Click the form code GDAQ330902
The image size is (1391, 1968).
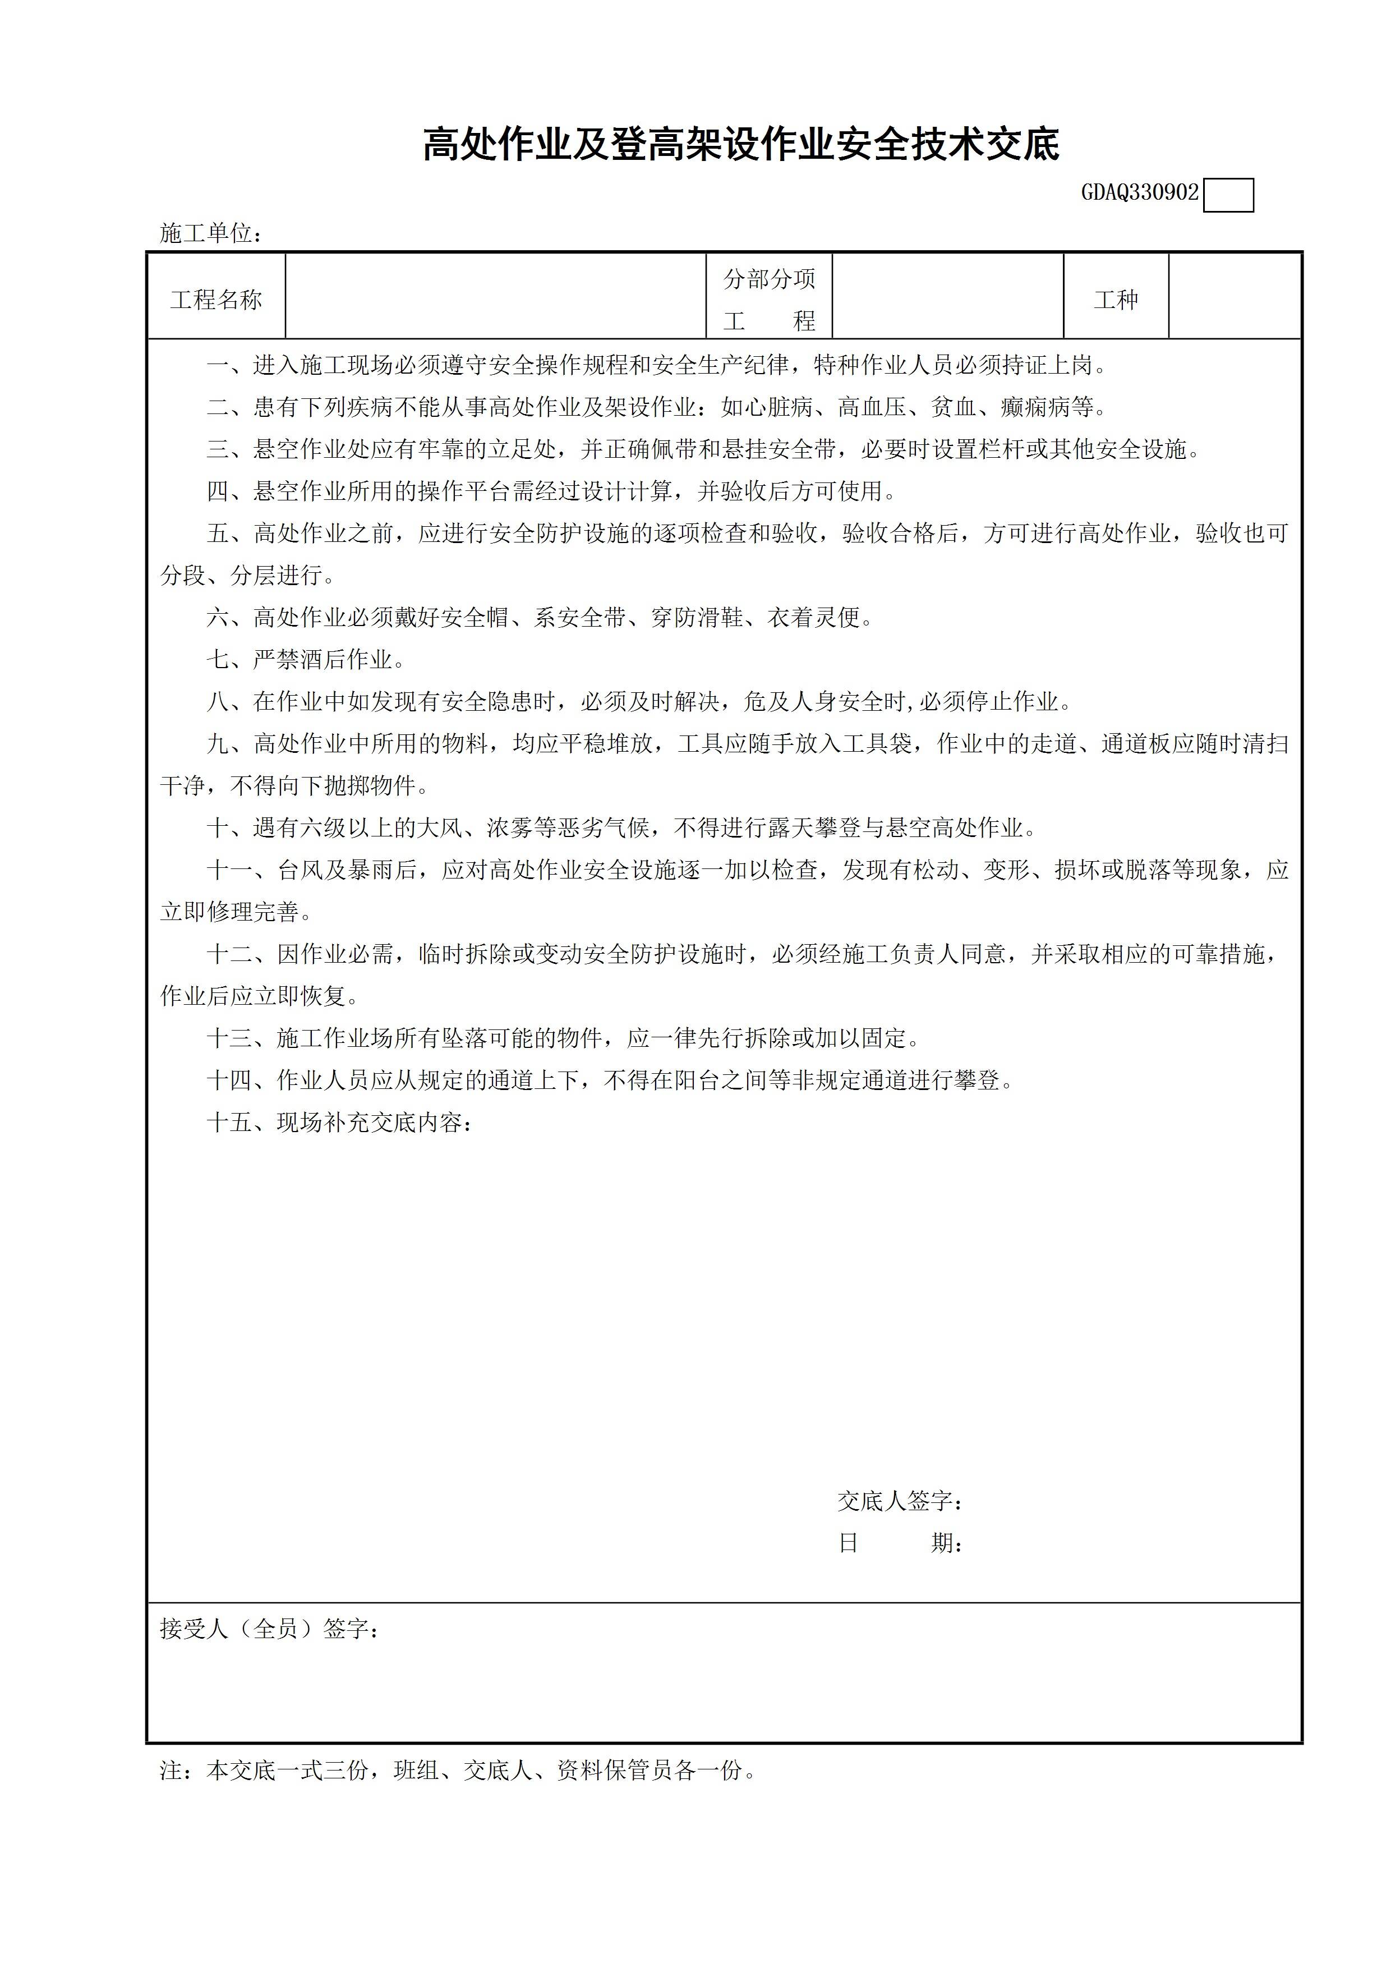coord(1139,193)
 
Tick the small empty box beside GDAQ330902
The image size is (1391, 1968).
coord(1228,195)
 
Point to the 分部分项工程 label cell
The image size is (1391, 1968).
coord(769,298)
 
